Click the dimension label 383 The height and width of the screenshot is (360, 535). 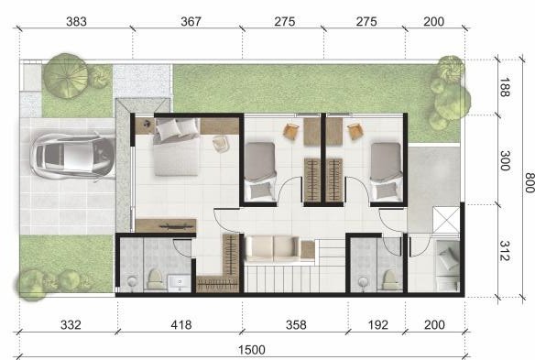tap(76, 22)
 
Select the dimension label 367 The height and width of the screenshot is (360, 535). tap(191, 22)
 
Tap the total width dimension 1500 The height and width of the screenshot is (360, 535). tap(251, 350)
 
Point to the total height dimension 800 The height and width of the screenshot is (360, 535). tap(530, 182)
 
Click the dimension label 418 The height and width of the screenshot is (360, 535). tap(180, 325)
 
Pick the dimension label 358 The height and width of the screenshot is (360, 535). tap(296, 325)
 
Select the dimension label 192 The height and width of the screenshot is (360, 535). tap(377, 325)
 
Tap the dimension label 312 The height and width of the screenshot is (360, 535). tap(505, 251)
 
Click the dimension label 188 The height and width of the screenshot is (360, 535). tap(505, 87)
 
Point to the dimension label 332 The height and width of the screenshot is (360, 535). tap(71, 325)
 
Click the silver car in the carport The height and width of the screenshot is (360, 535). tap(72, 157)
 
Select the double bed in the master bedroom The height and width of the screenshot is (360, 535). tap(177, 147)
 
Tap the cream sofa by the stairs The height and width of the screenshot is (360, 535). tap(273, 248)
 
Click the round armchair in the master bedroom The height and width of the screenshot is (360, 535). tap(221, 143)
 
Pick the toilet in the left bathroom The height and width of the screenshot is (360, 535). tap(155, 279)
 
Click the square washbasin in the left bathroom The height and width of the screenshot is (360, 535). tap(179, 283)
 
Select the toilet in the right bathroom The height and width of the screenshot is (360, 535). tap(389, 280)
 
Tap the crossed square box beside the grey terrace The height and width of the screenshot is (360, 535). tap(446, 220)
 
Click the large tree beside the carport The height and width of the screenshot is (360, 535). tap(66, 76)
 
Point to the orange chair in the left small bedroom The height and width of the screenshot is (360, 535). tap(291, 131)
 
